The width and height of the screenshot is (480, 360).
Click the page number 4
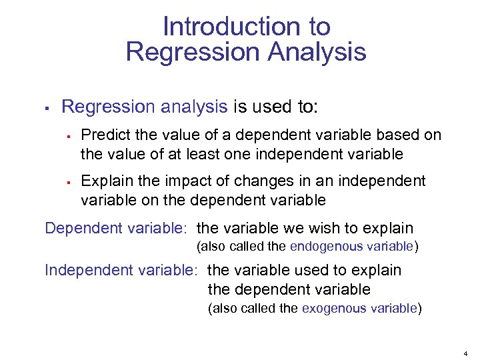pyautogui.click(x=465, y=351)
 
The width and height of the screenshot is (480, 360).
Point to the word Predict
pyautogui.click(x=105, y=135)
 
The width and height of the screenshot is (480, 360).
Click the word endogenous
pyautogui.click(x=317, y=246)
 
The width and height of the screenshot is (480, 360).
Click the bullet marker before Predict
pyautogui.click(x=68, y=136)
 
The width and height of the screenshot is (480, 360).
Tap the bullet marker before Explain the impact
pyautogui.click(x=68, y=182)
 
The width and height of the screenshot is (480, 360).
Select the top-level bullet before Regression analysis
pyautogui.click(x=45, y=107)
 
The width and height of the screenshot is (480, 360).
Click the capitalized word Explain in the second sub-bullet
pyautogui.click(x=107, y=181)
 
